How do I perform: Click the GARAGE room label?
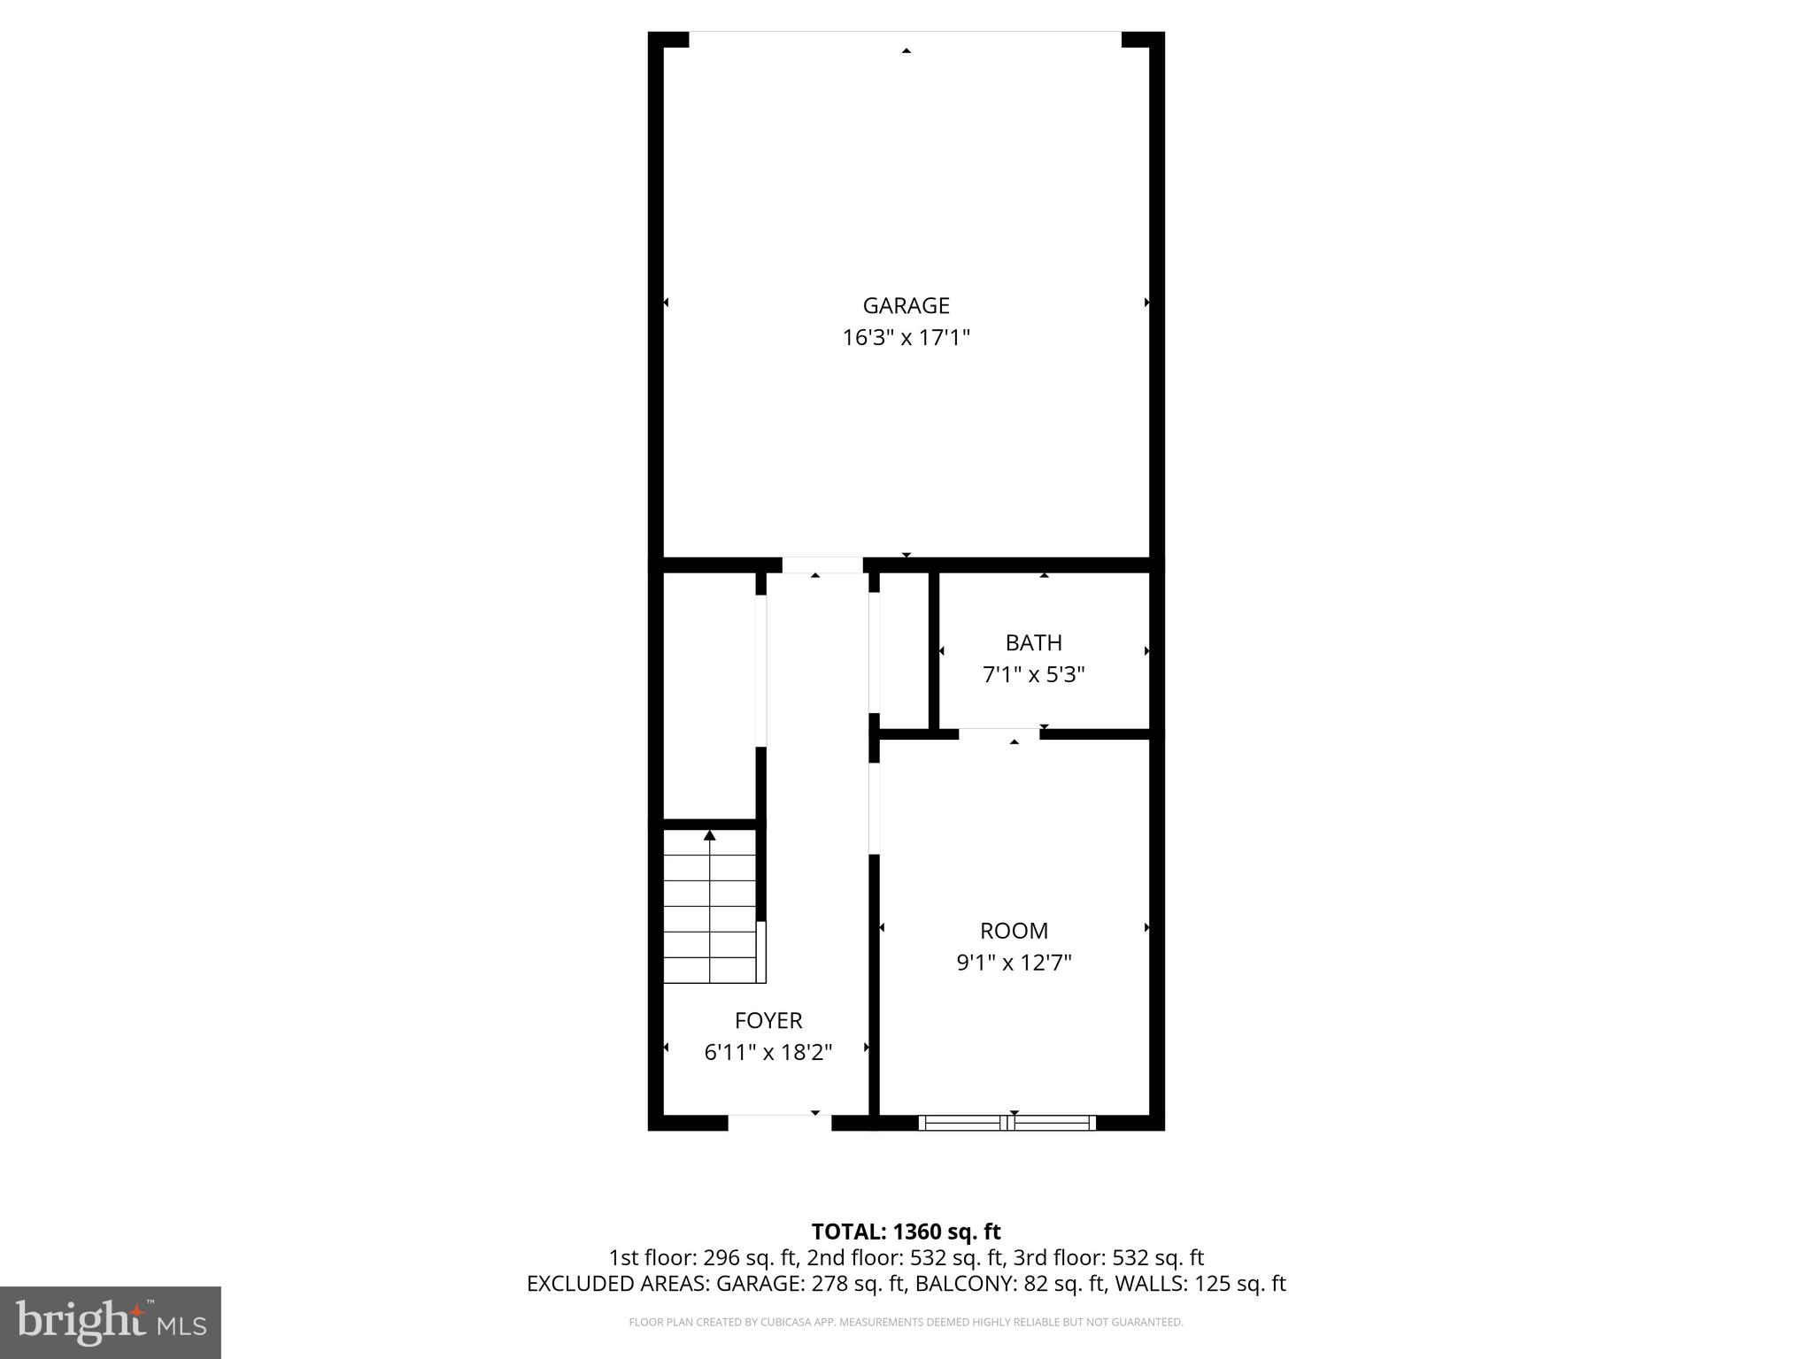point(906,305)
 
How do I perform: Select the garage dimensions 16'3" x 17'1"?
point(906,338)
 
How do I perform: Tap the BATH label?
point(1033,642)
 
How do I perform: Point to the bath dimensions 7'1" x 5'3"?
point(1033,675)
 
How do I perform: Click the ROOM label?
point(1014,931)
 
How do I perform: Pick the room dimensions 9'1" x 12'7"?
point(1014,963)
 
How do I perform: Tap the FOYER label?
point(768,1020)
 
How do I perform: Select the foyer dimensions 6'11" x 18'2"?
point(768,1053)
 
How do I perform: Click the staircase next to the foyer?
point(710,907)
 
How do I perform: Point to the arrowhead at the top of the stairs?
point(709,835)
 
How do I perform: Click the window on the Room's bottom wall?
point(1007,1123)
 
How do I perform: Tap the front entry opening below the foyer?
point(779,1122)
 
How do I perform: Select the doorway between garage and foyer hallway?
point(822,564)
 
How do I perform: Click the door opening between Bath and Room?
point(999,733)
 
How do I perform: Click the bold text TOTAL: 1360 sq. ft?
point(906,1232)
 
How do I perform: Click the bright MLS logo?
point(110,1322)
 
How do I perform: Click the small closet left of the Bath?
point(904,650)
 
